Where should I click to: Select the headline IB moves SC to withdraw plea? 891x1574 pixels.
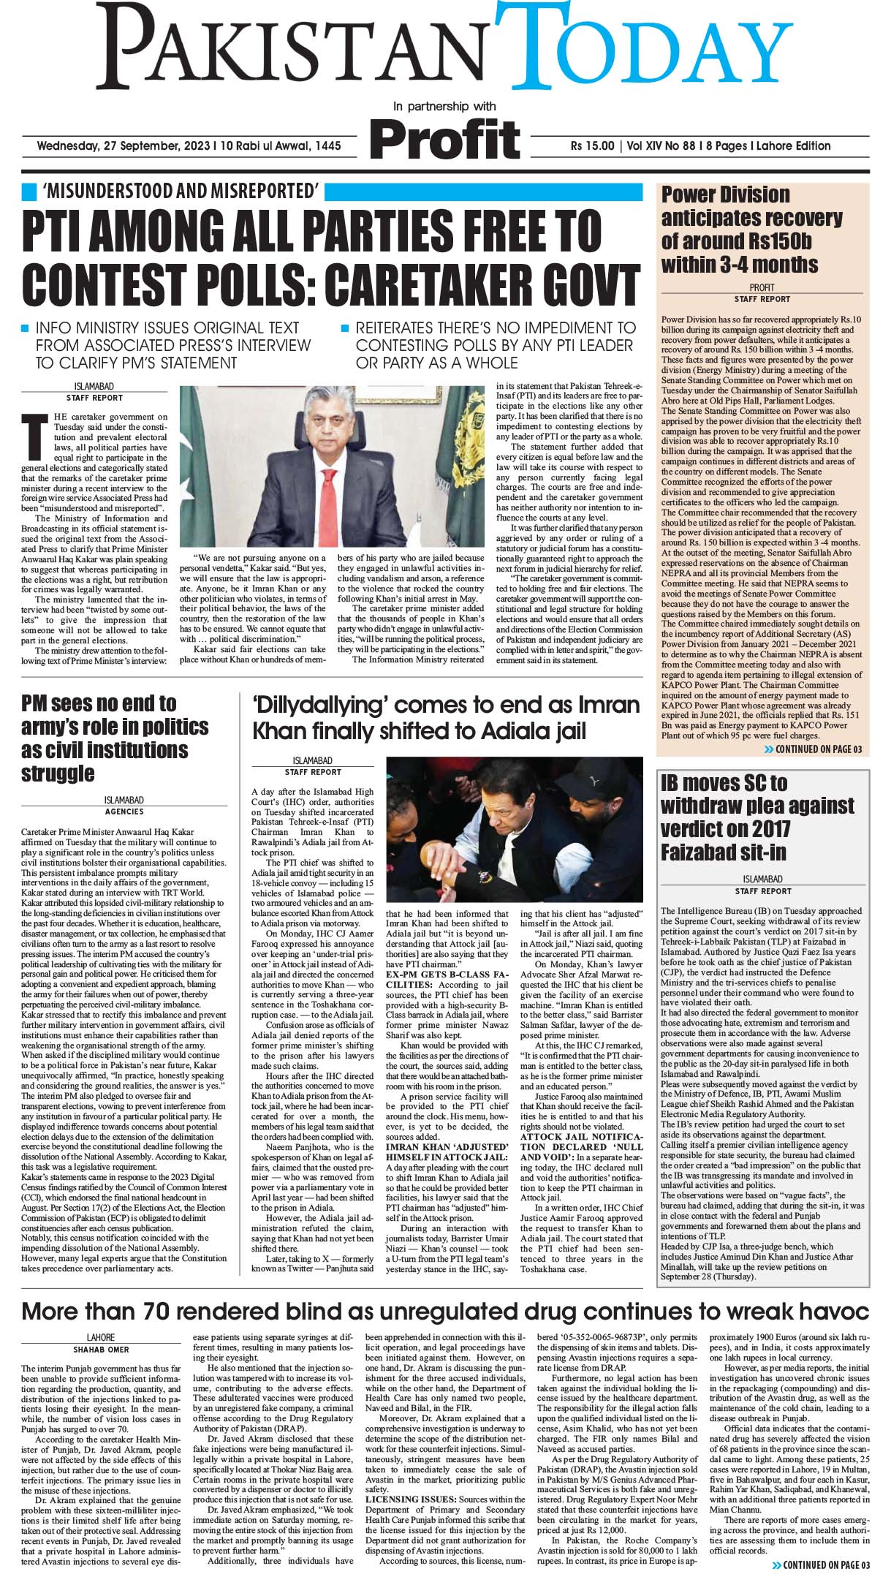click(x=757, y=817)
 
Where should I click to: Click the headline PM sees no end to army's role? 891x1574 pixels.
click(x=114, y=738)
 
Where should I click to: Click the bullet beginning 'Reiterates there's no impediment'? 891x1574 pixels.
click(x=495, y=346)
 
